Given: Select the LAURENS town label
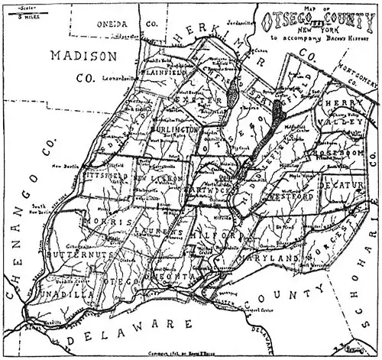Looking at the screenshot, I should [x=159, y=229].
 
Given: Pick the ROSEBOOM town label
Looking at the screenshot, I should [x=331, y=152].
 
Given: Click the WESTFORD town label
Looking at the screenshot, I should [x=289, y=196].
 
